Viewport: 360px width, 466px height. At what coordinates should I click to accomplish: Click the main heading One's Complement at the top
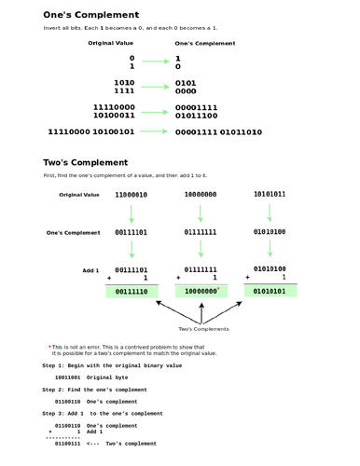pos(91,15)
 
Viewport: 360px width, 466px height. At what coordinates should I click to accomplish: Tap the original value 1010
pos(123,83)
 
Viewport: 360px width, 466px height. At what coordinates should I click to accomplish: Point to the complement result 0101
pos(186,83)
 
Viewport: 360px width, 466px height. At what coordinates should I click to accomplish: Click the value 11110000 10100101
pos(90,131)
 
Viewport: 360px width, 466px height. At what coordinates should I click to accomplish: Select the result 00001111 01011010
pos(218,131)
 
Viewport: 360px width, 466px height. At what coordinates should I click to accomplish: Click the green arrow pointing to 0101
pos(155,84)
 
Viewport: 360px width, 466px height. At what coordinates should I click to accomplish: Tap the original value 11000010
pos(131,195)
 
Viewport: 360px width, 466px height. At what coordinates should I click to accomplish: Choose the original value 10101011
pos(270,194)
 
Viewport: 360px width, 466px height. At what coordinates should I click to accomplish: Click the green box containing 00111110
pos(132,292)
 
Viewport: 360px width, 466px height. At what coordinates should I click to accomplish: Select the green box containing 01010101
pos(270,291)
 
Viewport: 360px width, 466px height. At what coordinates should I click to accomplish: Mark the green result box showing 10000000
pos(201,291)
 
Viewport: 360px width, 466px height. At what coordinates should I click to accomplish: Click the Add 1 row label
pos(90,269)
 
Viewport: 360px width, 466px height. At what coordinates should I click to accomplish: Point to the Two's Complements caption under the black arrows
pos(203,329)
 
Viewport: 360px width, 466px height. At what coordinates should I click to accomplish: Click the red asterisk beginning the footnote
pos(49,347)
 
